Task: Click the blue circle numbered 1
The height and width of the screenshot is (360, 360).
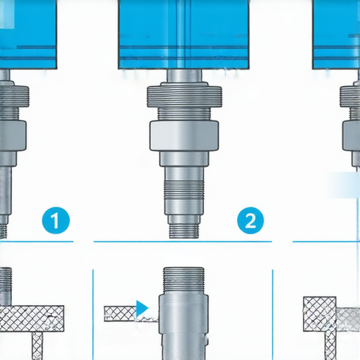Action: tap(56, 221)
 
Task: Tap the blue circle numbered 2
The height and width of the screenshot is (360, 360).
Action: tap(250, 221)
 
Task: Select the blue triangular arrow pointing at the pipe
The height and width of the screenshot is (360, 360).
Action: tap(142, 308)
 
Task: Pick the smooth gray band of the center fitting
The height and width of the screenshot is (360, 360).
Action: tap(184, 136)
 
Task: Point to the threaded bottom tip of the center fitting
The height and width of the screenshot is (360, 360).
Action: tap(184, 231)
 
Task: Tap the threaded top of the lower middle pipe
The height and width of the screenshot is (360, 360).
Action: tap(184, 281)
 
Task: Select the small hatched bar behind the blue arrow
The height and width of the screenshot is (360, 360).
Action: tap(120, 314)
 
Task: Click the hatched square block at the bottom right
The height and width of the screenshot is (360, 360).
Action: tap(320, 314)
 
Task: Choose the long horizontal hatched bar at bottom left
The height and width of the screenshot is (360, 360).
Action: tap(32, 319)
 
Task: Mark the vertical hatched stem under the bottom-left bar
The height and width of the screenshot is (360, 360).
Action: tap(37, 346)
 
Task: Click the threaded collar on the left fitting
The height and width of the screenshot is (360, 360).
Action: tap(15, 96)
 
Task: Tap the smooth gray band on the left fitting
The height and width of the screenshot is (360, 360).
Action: tap(13, 136)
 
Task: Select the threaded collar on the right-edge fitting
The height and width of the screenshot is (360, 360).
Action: tap(350, 96)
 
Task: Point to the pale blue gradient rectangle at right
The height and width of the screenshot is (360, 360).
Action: tap(342, 185)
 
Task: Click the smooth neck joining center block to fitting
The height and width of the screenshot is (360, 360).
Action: tap(184, 76)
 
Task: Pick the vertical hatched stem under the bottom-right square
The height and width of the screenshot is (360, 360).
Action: tap(330, 346)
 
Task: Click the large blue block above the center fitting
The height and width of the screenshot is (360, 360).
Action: tap(184, 34)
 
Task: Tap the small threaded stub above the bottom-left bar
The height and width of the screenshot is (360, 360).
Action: tap(6, 286)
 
